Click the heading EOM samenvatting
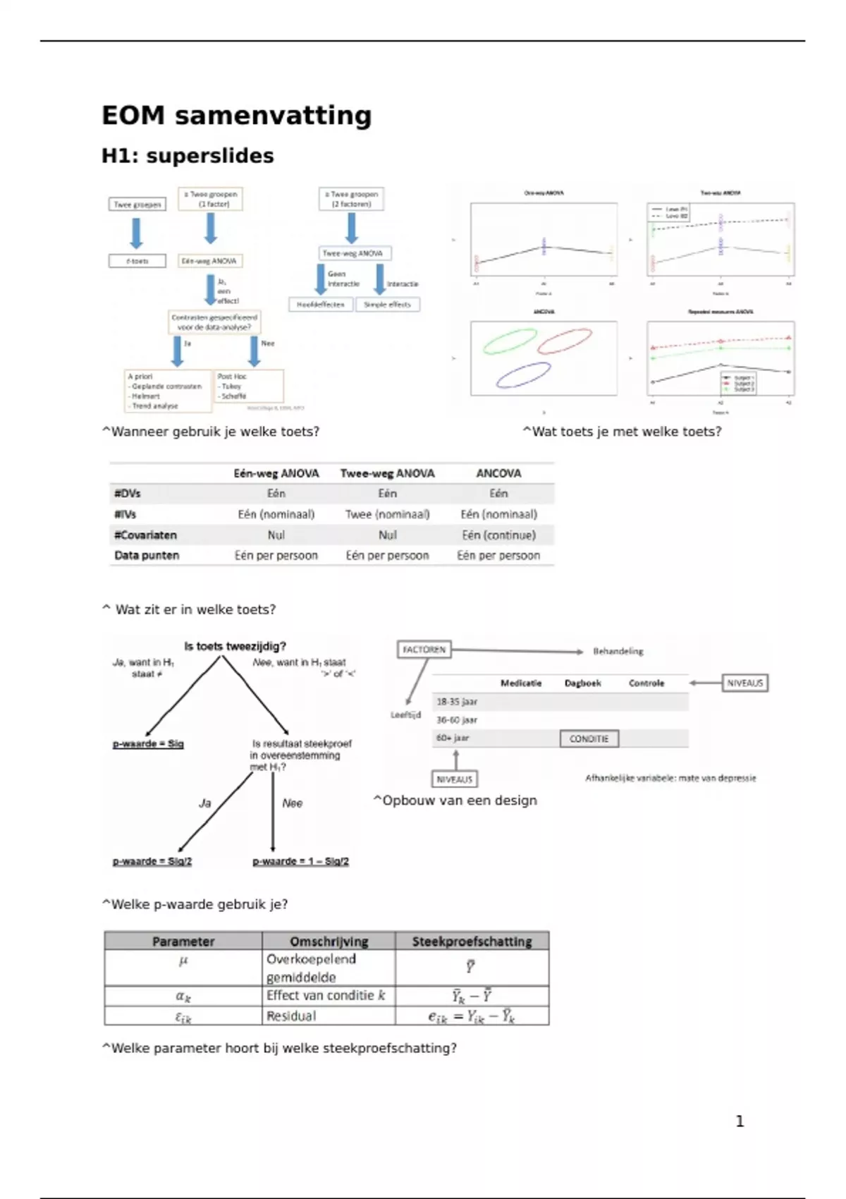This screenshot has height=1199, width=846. point(236,116)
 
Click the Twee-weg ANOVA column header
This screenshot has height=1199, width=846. point(387,473)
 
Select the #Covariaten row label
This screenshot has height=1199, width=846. point(145,535)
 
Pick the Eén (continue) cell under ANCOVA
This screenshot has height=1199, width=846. point(498,535)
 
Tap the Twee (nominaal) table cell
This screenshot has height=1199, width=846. point(387,514)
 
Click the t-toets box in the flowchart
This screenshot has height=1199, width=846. point(137,261)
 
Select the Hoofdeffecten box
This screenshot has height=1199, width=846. point(321,305)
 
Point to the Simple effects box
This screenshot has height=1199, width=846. point(387,305)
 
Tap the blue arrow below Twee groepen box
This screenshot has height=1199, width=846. point(137,232)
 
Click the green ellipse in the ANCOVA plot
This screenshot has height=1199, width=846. point(509,341)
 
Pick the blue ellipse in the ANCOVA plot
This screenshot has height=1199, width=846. point(523,375)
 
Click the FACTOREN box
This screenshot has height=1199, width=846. point(424,649)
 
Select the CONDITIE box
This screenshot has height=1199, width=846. point(589,738)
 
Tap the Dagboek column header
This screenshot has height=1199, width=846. point(582,683)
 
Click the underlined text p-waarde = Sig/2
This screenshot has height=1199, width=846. point(152,861)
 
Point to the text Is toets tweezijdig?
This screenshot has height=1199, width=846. point(235,646)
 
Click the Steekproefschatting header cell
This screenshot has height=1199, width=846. point(472,942)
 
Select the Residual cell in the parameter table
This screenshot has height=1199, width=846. point(291,1016)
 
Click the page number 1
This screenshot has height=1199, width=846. point(740,1121)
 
